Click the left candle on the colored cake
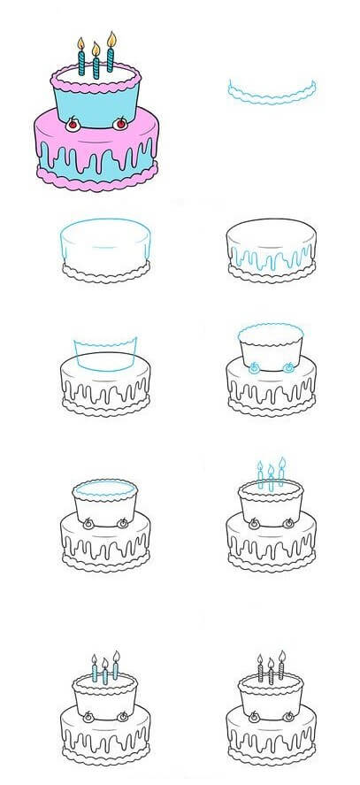(x=81, y=63)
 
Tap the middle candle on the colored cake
(x=96, y=68)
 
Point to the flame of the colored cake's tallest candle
(x=111, y=38)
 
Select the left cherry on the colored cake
(x=73, y=124)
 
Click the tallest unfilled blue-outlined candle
(x=281, y=474)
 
